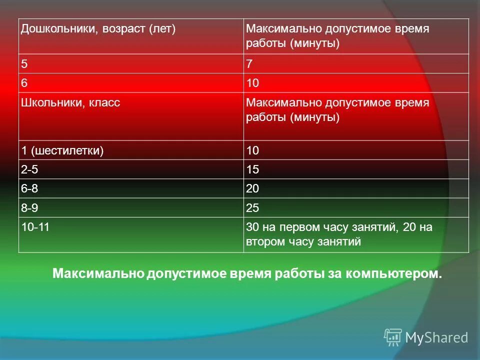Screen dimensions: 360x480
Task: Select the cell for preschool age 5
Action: point(24,64)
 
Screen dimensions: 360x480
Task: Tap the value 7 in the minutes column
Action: point(249,64)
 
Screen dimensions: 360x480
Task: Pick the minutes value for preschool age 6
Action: point(253,83)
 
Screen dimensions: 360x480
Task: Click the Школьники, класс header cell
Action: point(70,102)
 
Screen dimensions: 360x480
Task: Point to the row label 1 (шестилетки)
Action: point(62,150)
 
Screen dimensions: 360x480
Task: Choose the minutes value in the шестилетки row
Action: point(253,150)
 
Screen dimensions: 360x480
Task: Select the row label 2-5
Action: point(29,169)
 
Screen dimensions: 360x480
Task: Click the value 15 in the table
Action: point(253,169)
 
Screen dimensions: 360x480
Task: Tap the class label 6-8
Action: point(29,188)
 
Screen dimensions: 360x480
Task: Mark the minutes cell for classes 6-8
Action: point(253,188)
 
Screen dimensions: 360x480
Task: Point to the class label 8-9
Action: point(29,207)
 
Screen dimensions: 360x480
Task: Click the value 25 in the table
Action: point(253,207)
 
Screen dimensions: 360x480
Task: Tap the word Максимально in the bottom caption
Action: point(98,274)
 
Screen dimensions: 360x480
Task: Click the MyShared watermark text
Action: point(436,337)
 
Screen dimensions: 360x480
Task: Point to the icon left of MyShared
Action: point(393,337)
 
